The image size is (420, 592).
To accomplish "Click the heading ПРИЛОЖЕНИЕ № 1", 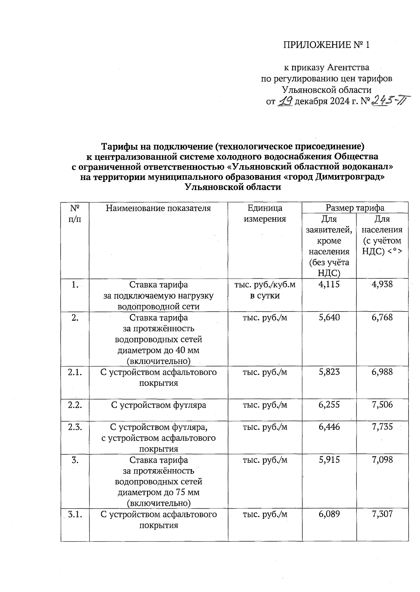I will tap(326, 45).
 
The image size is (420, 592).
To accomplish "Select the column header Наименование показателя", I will tap(158, 208).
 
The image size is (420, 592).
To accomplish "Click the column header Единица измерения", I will tap(265, 214).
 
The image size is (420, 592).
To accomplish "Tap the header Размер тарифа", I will tap(355, 208).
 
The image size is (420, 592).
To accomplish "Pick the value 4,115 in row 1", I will tap(329, 284).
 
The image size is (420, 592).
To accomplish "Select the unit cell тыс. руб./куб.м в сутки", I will tap(265, 290).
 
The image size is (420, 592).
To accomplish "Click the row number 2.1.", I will tap(75, 372).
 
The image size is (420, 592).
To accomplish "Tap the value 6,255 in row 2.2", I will tap(329, 405).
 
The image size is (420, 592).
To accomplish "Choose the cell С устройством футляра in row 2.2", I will tap(158, 405).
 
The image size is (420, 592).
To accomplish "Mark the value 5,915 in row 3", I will tap(329, 460).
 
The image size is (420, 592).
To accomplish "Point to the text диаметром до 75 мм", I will tap(158, 492).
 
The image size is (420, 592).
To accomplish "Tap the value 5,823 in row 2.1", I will tap(329, 372).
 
